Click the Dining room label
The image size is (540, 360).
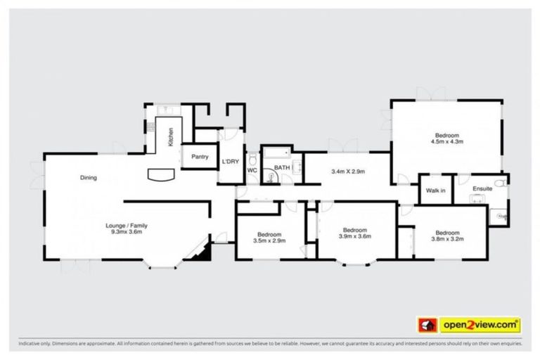pyautogui.click(x=89, y=178)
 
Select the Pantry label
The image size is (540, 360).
pyautogui.click(x=200, y=157)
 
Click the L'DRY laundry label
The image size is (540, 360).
pyautogui.click(x=231, y=162)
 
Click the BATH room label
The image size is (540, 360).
pyautogui.click(x=281, y=167)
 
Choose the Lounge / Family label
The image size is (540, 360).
pyautogui.click(x=127, y=225)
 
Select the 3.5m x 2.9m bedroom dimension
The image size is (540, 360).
pyautogui.click(x=269, y=240)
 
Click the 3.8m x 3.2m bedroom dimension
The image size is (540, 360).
pyautogui.click(x=447, y=238)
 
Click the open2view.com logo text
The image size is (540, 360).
pyautogui.click(x=480, y=325)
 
